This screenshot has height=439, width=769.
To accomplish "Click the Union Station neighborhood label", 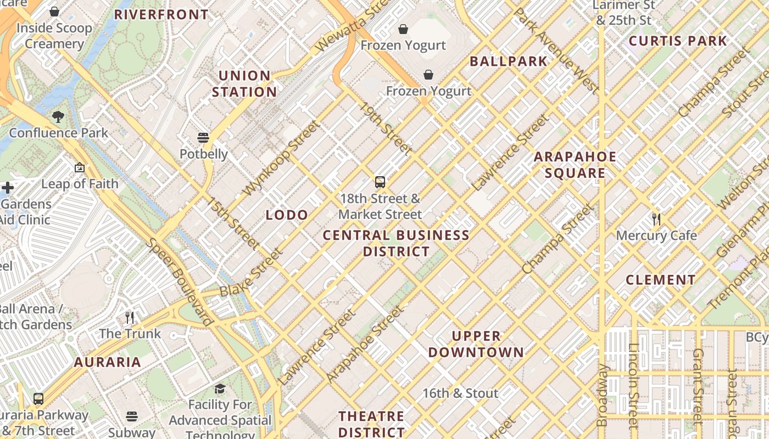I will click(x=244, y=83).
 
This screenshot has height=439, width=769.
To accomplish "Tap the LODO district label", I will click(x=287, y=215).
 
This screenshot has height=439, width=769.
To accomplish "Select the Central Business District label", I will click(x=396, y=243).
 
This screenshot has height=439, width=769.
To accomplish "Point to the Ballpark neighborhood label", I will click(x=509, y=61).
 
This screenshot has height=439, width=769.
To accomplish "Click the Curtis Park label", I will click(x=678, y=41).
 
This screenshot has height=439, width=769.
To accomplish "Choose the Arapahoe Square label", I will click(x=575, y=165).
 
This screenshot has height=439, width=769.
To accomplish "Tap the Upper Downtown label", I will click(x=476, y=344).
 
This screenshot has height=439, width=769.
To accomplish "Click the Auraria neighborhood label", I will click(x=108, y=362).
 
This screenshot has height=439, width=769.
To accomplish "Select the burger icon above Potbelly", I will click(x=203, y=137).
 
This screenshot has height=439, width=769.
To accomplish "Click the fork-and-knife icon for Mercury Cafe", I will click(x=656, y=219).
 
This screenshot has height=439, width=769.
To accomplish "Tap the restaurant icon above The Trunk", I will click(x=130, y=317).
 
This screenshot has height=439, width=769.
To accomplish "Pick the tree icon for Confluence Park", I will click(x=58, y=116).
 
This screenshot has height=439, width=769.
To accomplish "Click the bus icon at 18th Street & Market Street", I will click(x=380, y=182).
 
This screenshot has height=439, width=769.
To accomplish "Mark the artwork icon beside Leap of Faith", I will click(x=80, y=167).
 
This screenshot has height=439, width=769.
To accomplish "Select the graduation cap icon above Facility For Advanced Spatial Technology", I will click(x=220, y=389).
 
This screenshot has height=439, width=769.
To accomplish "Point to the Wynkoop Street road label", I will click(x=280, y=158).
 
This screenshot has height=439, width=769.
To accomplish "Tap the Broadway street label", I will click(x=603, y=395).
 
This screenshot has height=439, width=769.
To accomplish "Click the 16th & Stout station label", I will click(x=460, y=393).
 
